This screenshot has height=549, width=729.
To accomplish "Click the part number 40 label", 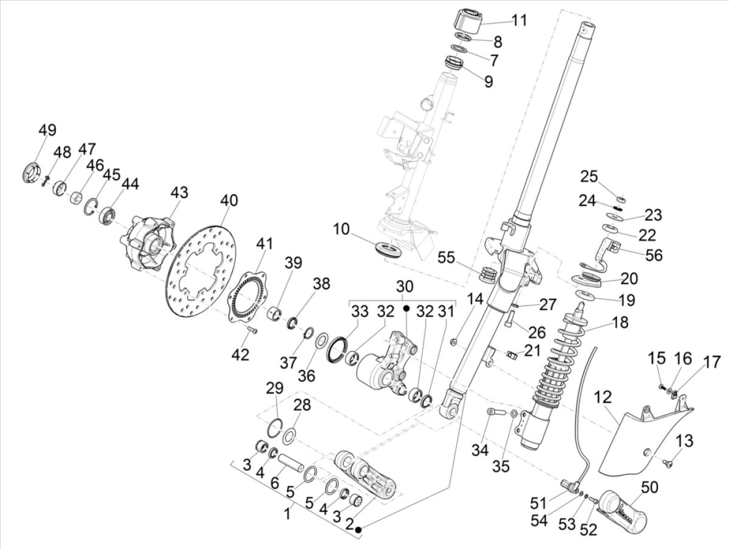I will click(230, 200).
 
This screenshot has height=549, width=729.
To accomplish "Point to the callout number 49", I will click(47, 130).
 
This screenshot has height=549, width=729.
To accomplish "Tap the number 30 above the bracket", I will click(405, 286).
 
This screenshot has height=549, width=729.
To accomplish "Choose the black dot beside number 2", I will click(359, 530).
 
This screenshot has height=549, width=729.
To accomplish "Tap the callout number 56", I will click(653, 256).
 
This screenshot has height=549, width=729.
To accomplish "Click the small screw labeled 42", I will click(252, 331).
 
